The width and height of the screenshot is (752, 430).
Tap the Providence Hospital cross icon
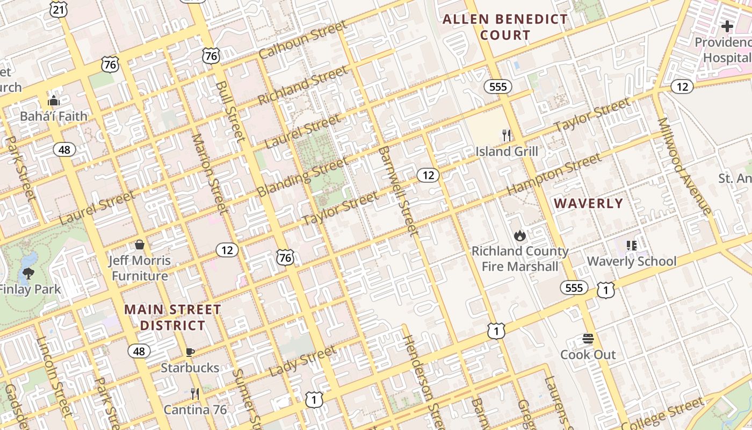[727, 26]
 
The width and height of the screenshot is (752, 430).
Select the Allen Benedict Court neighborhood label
[504, 27]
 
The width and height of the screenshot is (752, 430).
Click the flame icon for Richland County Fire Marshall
[519, 235]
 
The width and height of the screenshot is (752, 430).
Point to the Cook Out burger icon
[588, 339]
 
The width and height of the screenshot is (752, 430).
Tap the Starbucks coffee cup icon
[190, 352]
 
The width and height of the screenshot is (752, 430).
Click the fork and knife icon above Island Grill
[507, 135]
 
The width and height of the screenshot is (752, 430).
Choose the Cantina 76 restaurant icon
[195, 394]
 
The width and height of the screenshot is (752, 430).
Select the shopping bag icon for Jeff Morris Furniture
[140, 245]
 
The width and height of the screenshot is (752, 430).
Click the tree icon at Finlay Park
[28, 274]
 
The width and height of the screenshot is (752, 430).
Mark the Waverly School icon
[632, 246]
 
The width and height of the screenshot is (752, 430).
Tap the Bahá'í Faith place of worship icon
[53, 101]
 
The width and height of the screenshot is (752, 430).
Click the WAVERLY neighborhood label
[588, 204]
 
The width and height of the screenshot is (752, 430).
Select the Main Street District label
[172, 317]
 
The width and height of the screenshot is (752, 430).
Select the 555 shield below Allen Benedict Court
[497, 87]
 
